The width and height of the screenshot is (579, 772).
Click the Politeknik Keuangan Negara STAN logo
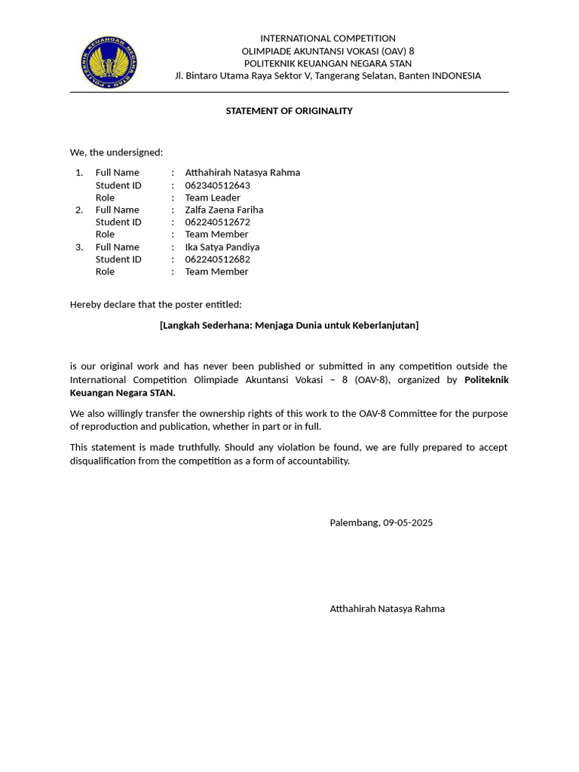[109, 63]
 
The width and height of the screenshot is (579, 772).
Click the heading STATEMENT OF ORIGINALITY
[289, 111]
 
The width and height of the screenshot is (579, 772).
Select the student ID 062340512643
[217, 185]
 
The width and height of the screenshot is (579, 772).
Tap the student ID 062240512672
[217, 222]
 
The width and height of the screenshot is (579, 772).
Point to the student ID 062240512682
[217, 259]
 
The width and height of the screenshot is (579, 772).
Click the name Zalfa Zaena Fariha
[224, 210]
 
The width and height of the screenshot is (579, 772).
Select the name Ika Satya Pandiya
[222, 247]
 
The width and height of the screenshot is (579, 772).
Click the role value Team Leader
[213, 198]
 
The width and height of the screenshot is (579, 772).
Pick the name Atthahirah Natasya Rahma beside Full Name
[242, 172]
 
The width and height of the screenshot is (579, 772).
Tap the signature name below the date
[387, 608]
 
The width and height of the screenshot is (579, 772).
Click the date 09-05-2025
[408, 522]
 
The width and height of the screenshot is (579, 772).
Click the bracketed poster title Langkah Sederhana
[289, 325]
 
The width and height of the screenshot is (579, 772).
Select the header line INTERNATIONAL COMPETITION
[327, 38]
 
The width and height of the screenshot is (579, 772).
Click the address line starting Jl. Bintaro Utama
[327, 75]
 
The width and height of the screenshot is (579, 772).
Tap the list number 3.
[79, 247]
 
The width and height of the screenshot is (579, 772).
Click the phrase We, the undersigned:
[116, 152]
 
